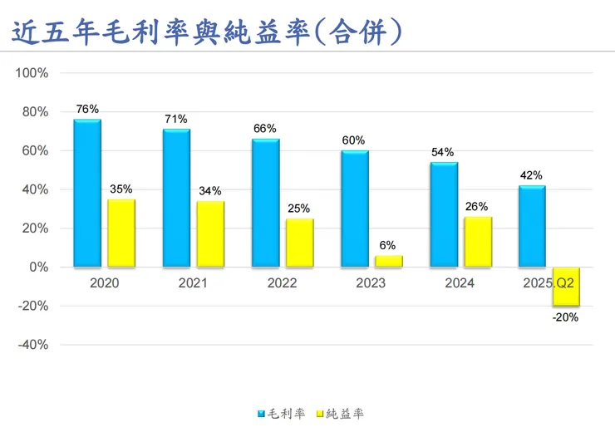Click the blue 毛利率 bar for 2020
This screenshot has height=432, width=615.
tap(87, 194)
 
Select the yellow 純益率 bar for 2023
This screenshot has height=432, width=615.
tap(389, 261)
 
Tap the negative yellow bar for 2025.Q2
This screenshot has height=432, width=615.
tap(566, 287)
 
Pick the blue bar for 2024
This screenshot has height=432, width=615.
tap(444, 214)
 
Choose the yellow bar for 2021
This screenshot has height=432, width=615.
tap(210, 234)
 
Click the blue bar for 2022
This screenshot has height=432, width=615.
tap(266, 203)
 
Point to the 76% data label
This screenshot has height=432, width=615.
tap(87, 109)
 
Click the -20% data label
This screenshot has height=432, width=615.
tap(565, 317)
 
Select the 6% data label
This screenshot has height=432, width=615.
tap(388, 245)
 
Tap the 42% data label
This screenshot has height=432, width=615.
tap(532, 175)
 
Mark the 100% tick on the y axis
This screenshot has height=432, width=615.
tap(32, 73)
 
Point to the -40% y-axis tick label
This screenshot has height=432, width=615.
tap(32, 345)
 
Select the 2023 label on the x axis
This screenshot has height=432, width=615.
tap(371, 283)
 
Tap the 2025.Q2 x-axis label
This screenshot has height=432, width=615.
tap(549, 283)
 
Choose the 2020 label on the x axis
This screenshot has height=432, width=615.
tap(104, 283)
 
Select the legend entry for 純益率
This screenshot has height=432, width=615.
tap(342, 413)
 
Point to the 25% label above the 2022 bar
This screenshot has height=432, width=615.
tap(299, 208)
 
